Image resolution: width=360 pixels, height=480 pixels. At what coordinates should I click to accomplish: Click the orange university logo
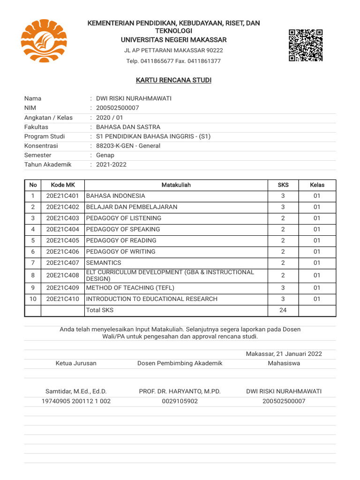44,41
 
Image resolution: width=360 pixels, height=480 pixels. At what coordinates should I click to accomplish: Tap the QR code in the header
306,45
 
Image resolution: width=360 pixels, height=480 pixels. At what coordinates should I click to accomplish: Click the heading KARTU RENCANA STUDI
173,81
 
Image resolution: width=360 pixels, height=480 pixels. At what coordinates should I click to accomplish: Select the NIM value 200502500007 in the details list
117,108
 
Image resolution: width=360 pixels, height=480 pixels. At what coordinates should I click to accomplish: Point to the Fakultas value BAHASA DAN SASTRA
128,127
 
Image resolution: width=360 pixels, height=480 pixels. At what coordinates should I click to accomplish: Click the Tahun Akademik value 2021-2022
111,165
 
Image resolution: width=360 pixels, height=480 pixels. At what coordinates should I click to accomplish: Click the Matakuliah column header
176,185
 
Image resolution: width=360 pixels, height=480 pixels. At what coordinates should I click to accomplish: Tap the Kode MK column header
63,185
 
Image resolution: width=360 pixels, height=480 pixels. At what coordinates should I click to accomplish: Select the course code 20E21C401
63,196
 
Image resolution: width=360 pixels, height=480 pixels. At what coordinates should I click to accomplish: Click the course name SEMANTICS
104,263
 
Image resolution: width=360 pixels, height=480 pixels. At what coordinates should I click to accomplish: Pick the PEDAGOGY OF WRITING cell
120,252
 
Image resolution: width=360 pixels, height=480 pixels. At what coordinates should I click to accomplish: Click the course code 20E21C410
63,299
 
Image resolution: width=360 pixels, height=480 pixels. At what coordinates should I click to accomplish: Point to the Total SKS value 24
283,310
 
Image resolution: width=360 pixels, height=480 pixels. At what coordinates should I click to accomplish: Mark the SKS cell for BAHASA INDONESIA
283,196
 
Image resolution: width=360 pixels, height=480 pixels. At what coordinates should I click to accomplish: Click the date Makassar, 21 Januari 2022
284,354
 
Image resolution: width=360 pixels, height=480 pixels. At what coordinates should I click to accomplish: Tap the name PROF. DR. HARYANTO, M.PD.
180,391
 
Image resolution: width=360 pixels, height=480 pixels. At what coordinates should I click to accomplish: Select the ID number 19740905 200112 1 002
76,401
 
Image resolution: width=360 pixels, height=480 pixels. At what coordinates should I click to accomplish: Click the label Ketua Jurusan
76,363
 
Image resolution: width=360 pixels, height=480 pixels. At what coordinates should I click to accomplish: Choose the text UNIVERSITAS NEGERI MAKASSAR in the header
173,40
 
